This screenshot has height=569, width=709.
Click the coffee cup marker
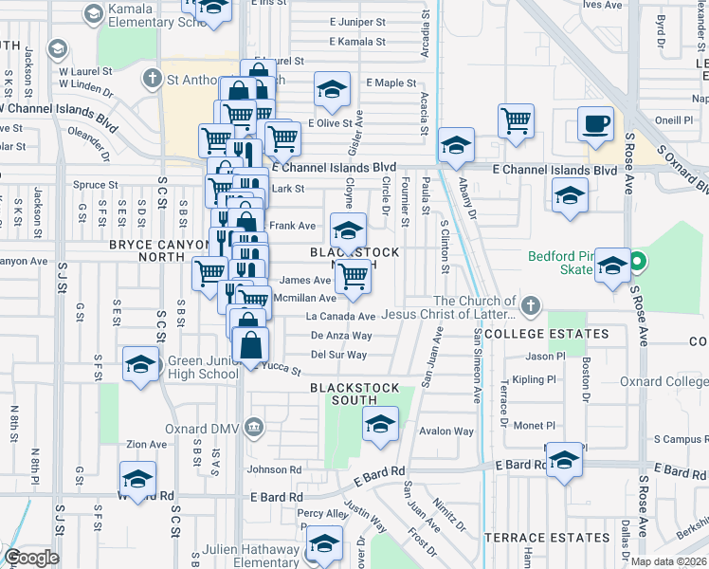pos(596,126)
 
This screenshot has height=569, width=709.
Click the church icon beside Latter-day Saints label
pos(531,306)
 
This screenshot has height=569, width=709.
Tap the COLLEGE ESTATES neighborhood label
pos(546,334)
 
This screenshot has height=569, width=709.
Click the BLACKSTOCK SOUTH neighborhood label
pos(350,394)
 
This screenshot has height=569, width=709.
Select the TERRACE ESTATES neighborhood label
pos(547,538)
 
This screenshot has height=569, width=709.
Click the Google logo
pos(31,558)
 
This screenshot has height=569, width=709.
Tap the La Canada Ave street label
pos(340,317)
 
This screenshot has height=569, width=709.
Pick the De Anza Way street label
pos(341,336)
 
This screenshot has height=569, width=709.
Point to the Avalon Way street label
pos(445,431)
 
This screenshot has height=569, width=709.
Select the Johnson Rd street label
pos(274,469)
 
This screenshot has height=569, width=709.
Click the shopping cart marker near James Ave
pos(353,278)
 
